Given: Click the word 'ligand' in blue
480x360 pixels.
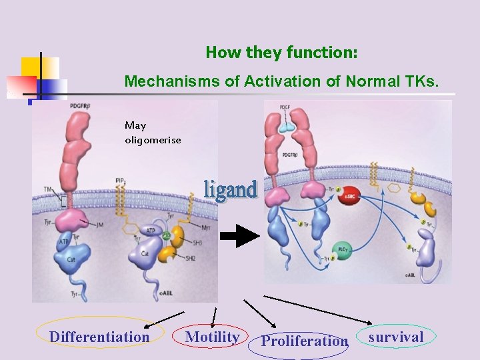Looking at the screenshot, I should point(230,190).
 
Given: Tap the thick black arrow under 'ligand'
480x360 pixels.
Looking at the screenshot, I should point(239,235).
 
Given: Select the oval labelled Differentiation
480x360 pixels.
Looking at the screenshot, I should point(99,337).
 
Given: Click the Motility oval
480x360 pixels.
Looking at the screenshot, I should point(212,337).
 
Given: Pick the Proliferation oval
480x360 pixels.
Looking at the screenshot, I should point(304,341).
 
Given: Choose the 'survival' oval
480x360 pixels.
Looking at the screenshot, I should point(396,337).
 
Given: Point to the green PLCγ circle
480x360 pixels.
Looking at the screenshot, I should point(343,249).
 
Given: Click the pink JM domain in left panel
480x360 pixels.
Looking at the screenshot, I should point(87,219).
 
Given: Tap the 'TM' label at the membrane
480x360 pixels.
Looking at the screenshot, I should point(47,190).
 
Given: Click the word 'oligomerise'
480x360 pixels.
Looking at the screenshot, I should point(153,140).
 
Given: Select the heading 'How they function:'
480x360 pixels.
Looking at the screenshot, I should point(281,52).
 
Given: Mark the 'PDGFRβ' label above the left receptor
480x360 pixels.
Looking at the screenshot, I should point(77,105).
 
